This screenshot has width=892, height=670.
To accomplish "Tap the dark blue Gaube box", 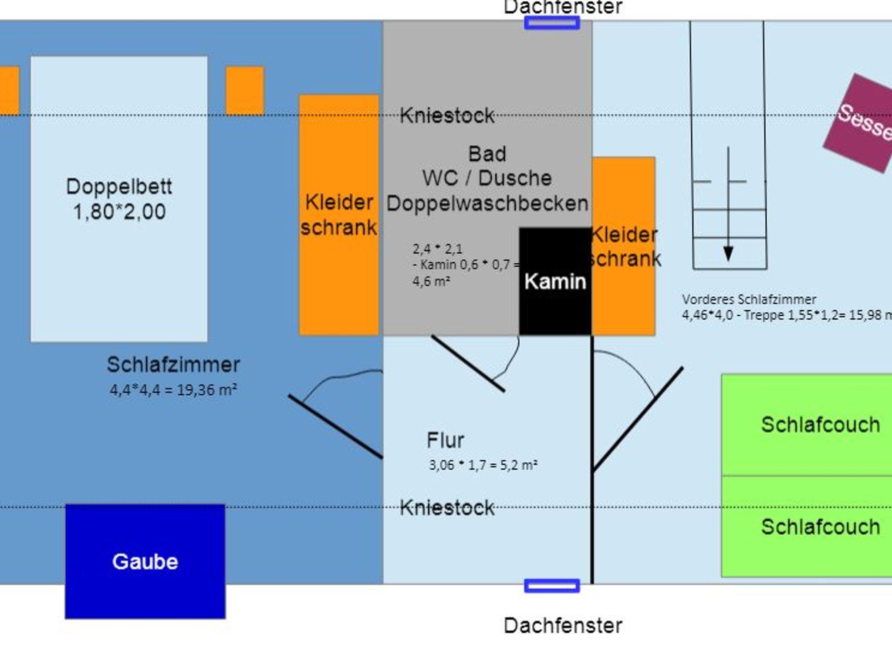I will click(x=145, y=561).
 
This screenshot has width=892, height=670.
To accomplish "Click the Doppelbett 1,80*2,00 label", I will click(x=119, y=199).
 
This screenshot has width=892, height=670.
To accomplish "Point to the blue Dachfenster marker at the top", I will click(x=552, y=23).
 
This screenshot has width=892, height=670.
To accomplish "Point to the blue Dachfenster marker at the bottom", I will click(x=552, y=586).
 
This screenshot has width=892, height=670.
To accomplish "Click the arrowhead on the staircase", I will click(x=728, y=253).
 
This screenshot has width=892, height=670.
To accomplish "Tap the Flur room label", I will click(x=445, y=440).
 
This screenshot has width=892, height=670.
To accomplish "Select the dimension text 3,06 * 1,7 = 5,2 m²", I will click(x=483, y=465).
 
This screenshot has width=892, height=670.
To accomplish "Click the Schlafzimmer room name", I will click(x=173, y=365).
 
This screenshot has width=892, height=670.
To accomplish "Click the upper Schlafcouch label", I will click(x=820, y=424).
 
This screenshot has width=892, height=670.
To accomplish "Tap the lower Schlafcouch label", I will click(x=820, y=527).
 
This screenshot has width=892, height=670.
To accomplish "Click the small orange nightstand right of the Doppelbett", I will click(x=245, y=90).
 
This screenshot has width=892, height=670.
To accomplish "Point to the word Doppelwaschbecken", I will click(x=487, y=203).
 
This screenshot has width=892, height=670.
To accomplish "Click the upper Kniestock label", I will click(x=447, y=116).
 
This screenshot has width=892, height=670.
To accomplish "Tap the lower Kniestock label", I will click(x=447, y=508).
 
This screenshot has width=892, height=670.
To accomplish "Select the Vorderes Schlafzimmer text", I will click(x=749, y=300).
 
